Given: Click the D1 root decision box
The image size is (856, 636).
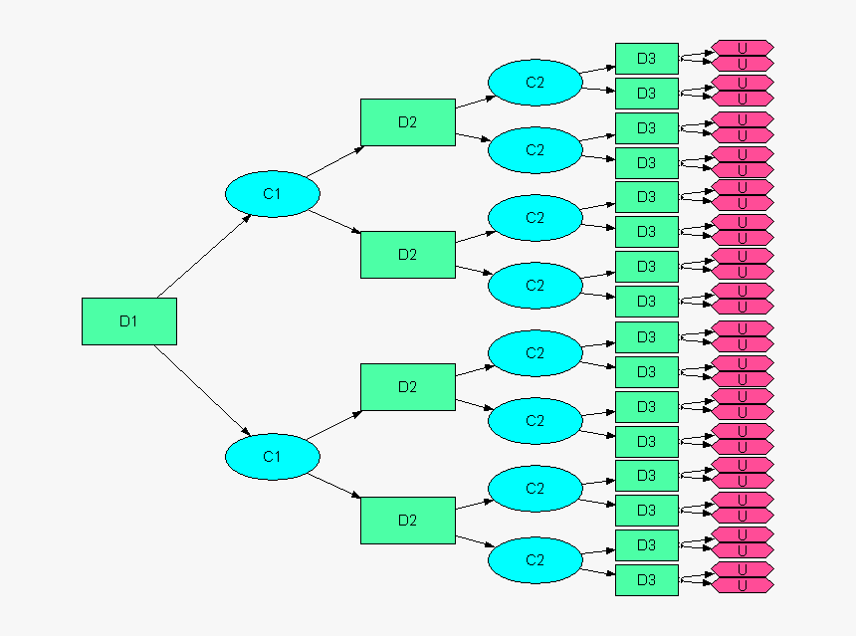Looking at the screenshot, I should coord(128,321).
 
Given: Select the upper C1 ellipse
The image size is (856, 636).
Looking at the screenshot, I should coord(272,195).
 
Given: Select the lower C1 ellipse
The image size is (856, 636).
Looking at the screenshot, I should coord(272,457).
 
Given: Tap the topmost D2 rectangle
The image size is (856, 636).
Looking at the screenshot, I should coord(407,122).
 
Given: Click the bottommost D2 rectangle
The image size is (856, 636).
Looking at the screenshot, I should coord(407,520).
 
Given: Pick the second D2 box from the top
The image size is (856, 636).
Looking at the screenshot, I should coord(407,254).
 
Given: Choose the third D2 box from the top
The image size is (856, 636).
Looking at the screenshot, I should coord(407,386).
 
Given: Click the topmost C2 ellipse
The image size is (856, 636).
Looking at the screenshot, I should coord(535,83).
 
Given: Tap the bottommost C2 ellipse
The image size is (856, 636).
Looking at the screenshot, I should coord(535,560).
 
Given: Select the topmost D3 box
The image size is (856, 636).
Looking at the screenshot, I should coord(646,59).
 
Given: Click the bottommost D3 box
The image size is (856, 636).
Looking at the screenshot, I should coord(646,579).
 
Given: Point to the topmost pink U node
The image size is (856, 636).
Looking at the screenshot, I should coord(743,47).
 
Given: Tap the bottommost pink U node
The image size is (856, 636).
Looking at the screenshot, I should coord(743,587).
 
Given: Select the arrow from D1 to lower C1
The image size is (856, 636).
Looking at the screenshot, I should coord(204,390).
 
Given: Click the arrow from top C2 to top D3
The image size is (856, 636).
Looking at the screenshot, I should coord(597,70).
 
